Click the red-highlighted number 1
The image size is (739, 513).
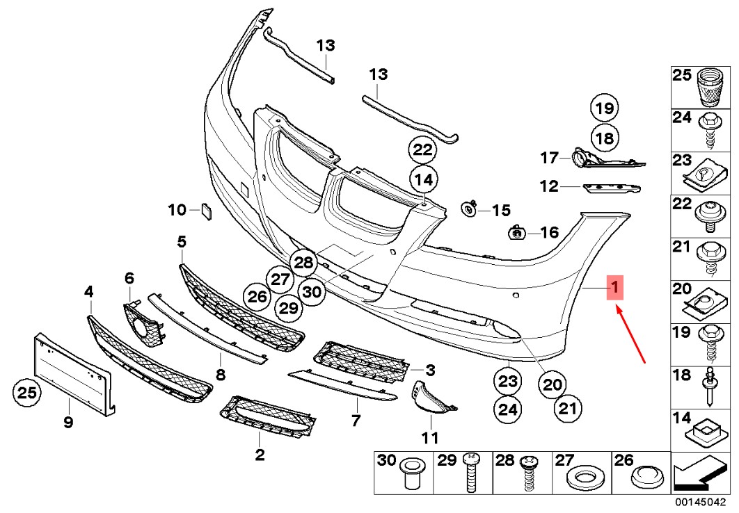(614, 286)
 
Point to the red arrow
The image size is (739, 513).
(633, 336)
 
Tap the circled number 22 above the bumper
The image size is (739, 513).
(422, 149)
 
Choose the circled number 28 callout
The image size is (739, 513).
(304, 263)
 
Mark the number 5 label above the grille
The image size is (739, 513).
(182, 242)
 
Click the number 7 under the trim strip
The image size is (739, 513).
(356, 420)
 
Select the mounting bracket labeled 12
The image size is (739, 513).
(611, 188)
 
